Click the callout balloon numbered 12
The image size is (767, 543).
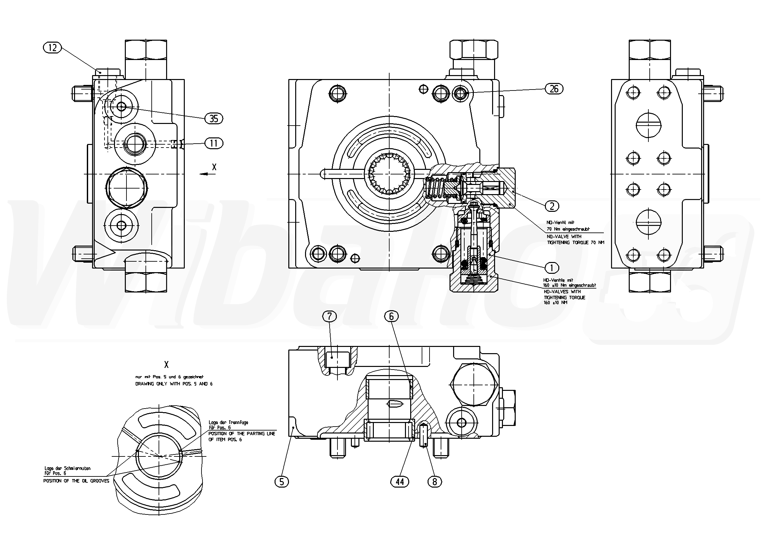tap(52, 48)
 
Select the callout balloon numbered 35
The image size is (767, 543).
tap(214, 118)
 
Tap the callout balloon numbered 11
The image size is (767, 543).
tap(214, 143)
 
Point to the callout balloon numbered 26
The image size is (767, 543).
tap(554, 89)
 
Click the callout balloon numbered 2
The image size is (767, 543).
tap(552, 206)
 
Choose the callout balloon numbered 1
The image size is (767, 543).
tap(551, 268)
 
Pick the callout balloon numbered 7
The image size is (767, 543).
tap(329, 316)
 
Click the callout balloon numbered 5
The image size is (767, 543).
tap(282, 481)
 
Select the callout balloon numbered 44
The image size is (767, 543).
tap(399, 481)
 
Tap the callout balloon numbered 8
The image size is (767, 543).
tap(434, 481)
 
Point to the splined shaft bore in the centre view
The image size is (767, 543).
tap(389, 174)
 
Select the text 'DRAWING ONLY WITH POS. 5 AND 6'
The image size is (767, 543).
tap(174, 384)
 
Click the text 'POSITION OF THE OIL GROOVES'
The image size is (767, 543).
tap(76, 481)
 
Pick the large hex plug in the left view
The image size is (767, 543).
tap(126, 187)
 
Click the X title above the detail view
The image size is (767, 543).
tap(166, 364)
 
